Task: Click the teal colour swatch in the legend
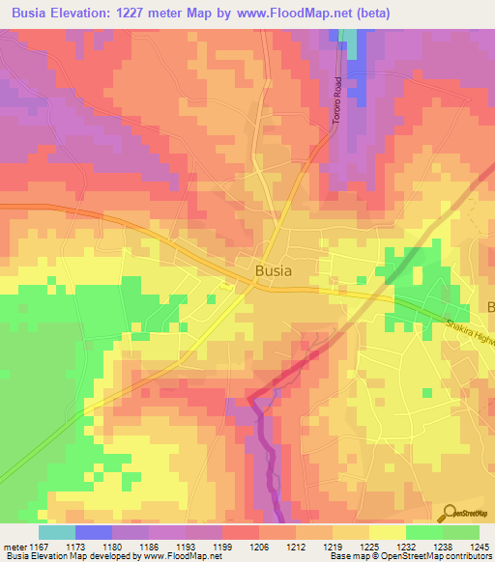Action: click(x=57, y=532)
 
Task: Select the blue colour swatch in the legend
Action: click(x=94, y=532)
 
